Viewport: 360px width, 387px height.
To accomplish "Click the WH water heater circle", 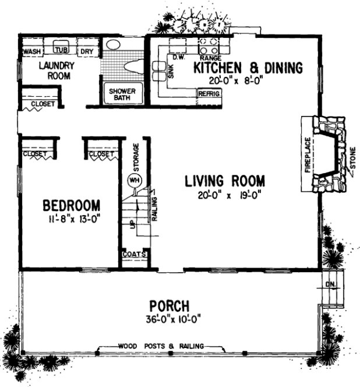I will point(135,180).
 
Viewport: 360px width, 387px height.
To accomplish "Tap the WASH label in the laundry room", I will point(31,52).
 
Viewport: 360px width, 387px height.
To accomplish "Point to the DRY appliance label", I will point(87,52).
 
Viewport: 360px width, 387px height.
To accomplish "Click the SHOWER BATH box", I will point(120,95).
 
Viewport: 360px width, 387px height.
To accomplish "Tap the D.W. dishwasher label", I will point(178,58).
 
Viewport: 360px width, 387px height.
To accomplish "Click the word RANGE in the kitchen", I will point(209,58).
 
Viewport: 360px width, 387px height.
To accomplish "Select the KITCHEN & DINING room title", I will point(248,68).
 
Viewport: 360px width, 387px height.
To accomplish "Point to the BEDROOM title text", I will point(72,206).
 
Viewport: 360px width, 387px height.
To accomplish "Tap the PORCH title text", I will point(169,305).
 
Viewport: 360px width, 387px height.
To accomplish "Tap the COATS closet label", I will point(134,255).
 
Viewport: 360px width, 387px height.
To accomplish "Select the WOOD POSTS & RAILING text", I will point(161,346).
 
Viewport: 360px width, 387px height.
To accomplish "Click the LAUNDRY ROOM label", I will point(55,71).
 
